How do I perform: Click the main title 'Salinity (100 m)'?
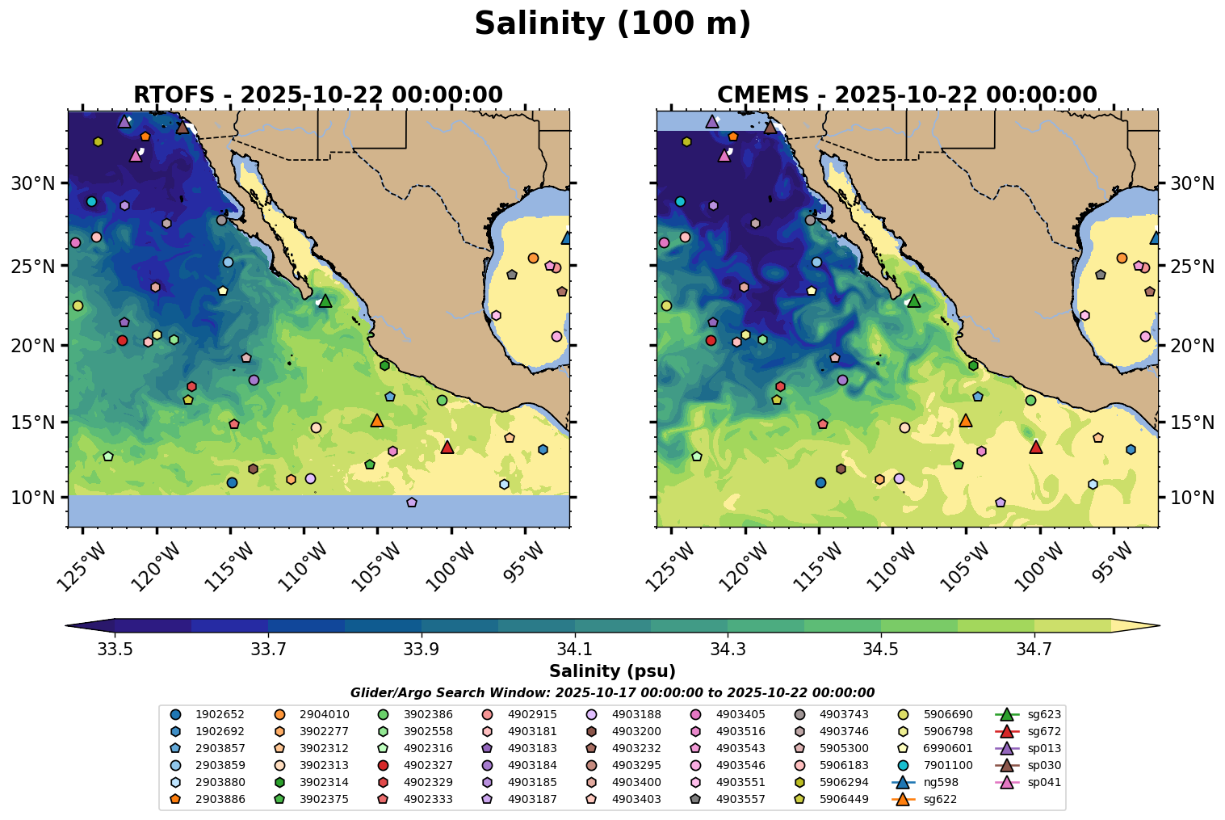(x=612, y=24)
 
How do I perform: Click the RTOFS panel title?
(x=318, y=95)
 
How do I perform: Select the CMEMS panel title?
(x=907, y=95)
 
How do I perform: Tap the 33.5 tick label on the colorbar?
(x=115, y=649)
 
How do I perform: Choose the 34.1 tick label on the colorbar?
(x=574, y=649)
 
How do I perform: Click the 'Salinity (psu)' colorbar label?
(x=612, y=671)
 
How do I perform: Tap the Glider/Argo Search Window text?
(x=612, y=692)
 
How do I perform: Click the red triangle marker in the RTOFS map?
(x=447, y=447)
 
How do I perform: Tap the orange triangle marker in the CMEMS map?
(x=965, y=420)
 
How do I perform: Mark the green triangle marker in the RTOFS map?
(x=325, y=301)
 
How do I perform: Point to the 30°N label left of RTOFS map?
(x=32, y=183)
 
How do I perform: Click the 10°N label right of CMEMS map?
(x=1192, y=497)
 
